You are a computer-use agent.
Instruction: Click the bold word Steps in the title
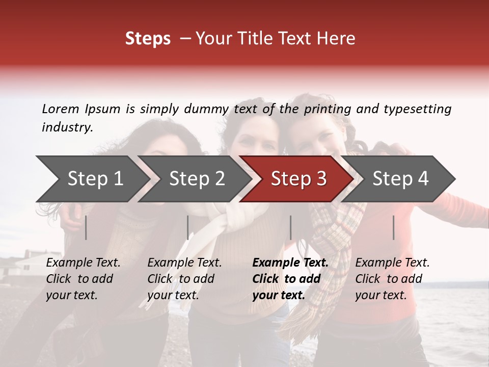tap(148, 39)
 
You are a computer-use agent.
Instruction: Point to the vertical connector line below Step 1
tap(86, 227)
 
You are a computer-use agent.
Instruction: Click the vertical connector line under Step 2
tap(188, 227)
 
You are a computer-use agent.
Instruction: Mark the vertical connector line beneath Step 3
tap(291, 227)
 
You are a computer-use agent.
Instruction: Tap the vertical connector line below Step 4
tap(394, 227)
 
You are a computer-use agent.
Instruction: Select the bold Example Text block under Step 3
tap(290, 279)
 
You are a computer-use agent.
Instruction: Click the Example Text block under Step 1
tap(83, 279)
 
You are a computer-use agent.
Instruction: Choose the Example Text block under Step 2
tap(184, 279)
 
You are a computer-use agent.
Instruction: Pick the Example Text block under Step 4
tap(392, 279)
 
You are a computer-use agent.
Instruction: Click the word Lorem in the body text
tap(61, 109)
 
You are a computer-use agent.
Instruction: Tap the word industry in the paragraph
tap(67, 127)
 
